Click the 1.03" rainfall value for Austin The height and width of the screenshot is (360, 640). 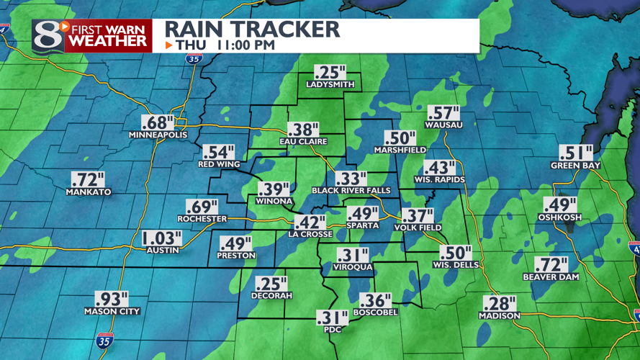[x=161, y=238]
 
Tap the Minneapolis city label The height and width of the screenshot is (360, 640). [x=158, y=135]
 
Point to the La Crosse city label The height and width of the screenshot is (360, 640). [x=310, y=234]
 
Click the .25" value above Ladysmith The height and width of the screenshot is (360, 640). [x=330, y=73]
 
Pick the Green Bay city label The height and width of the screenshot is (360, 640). [x=575, y=165]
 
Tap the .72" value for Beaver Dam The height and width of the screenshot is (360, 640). [x=550, y=265]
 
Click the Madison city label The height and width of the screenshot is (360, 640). [x=499, y=316]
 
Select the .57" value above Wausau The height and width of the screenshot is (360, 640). [x=443, y=113]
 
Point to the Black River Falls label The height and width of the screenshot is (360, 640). [x=351, y=191]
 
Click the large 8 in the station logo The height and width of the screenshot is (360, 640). [x=47, y=35]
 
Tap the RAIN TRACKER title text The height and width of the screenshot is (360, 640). [x=252, y=29]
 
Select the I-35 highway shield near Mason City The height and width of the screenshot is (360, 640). [x=104, y=340]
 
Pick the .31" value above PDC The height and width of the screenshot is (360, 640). [x=332, y=317]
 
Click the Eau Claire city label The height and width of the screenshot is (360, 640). [x=303, y=142]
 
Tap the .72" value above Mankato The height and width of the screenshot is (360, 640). [x=88, y=180]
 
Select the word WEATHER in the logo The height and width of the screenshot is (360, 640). [x=108, y=42]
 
